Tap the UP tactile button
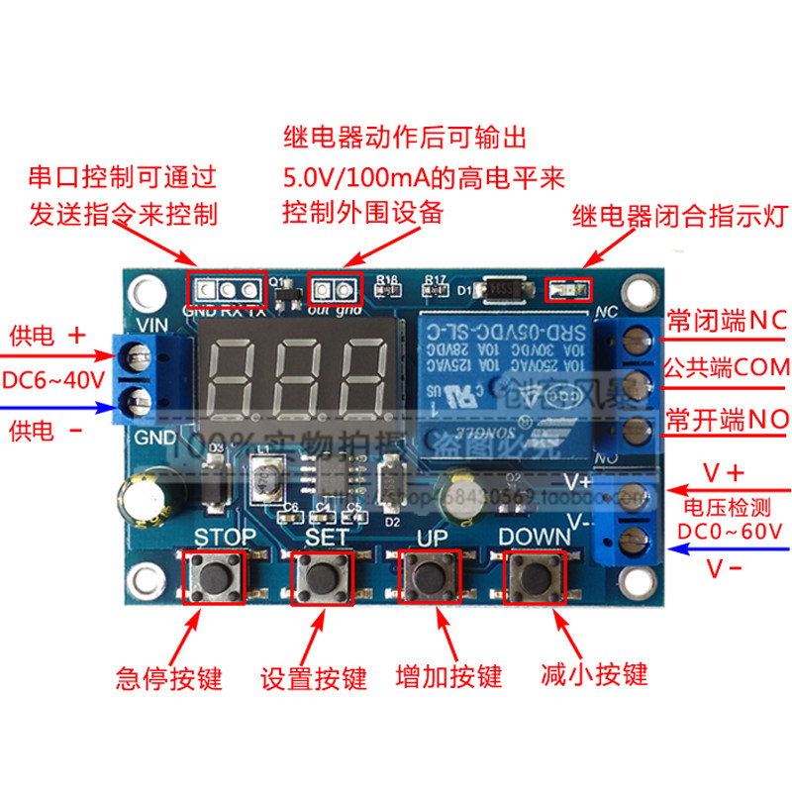pyautogui.click(x=428, y=573)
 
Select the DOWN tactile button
pyautogui.click(x=535, y=573)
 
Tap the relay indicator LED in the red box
pyautogui.click(x=568, y=289)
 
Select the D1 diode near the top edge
pyautogui.click(x=504, y=289)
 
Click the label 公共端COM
pyautogui.click(x=728, y=368)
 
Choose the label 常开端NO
pyautogui.click(x=728, y=418)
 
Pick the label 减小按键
pyautogui.click(x=594, y=674)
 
